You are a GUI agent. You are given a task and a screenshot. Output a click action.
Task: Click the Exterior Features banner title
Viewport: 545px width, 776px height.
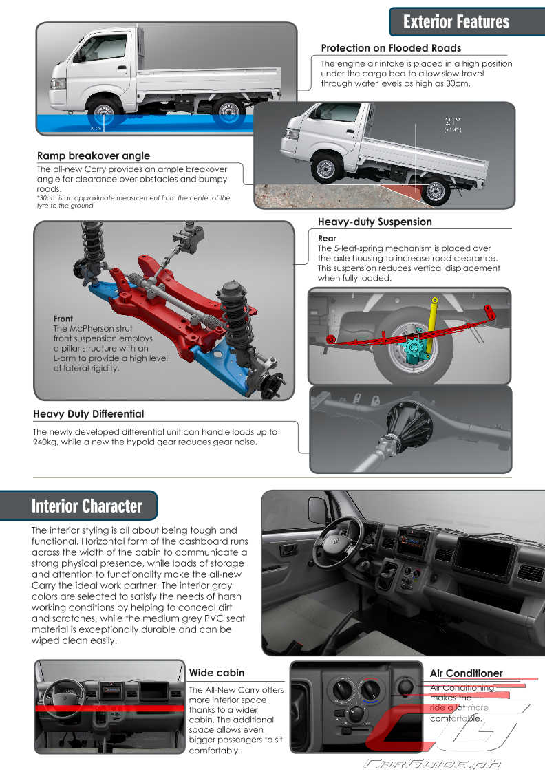(x=456, y=21)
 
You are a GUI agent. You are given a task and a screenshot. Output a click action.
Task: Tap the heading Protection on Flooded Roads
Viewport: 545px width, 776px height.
(x=391, y=47)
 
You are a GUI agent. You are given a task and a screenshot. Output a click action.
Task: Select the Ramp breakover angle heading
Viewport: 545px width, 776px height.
(x=93, y=155)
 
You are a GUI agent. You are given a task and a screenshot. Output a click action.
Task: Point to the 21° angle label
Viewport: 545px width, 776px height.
(x=452, y=122)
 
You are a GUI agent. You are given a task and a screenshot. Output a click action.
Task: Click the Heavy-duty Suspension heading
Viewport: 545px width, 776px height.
(x=374, y=222)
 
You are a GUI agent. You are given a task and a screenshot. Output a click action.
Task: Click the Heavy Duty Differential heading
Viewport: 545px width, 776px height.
(x=88, y=413)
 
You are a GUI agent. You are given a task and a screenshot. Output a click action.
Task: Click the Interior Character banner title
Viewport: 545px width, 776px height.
(x=87, y=506)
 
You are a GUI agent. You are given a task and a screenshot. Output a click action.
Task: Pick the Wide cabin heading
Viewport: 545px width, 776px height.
(x=216, y=672)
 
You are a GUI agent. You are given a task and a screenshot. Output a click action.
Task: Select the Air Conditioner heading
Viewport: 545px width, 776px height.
(x=466, y=673)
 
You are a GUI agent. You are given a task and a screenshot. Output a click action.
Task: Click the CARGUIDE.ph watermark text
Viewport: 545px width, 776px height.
(x=433, y=763)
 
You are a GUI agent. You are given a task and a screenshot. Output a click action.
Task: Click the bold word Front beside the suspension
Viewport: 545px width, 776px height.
(x=63, y=319)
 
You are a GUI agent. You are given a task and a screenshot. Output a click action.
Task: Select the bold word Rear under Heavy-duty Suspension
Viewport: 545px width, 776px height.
(x=327, y=239)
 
